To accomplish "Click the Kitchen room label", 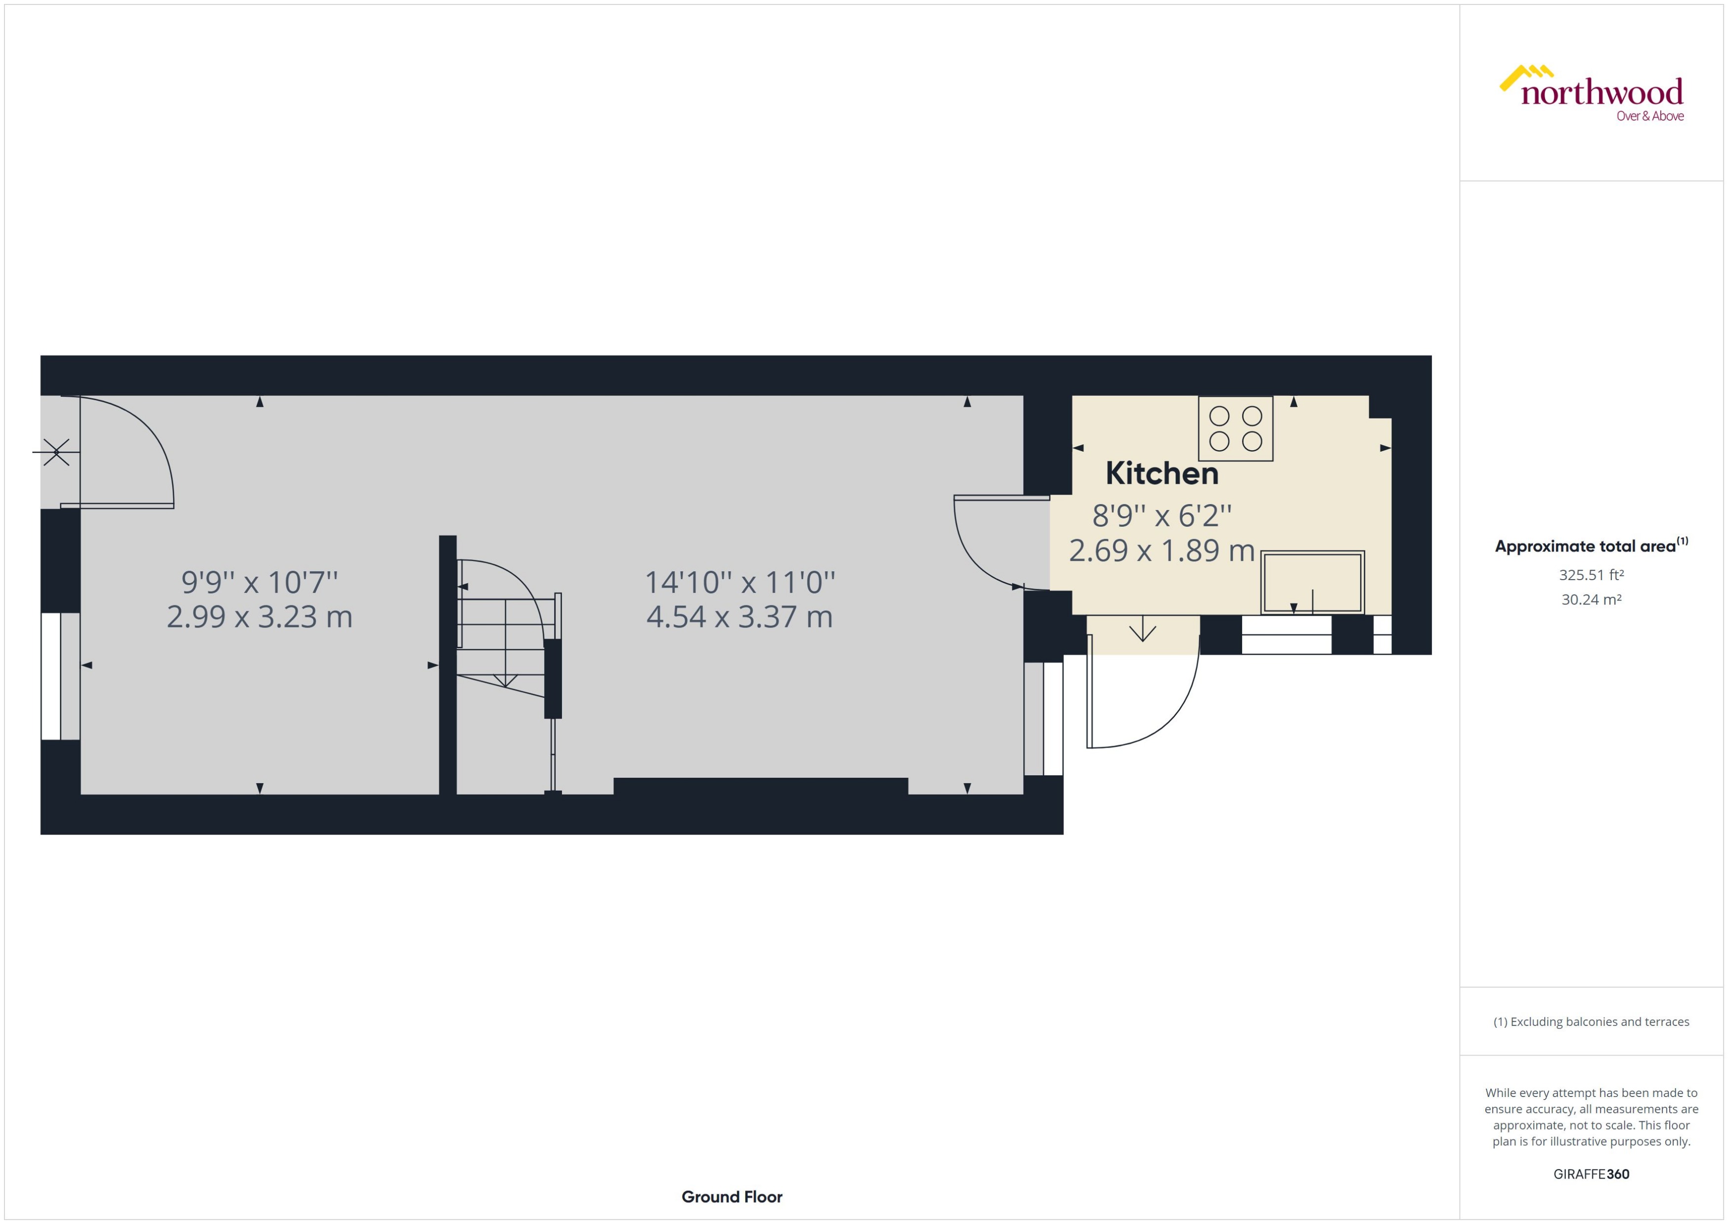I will pos(1162,473).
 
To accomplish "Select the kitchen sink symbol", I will pos(1312,582).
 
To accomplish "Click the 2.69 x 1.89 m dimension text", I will pos(1161,551).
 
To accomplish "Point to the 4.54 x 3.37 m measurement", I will pos(739,617).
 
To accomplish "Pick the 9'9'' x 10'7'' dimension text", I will pos(259,582).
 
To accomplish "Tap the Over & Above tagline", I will pos(1649,116).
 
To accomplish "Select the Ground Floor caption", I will pos(731,1197).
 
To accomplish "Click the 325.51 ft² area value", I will pos(1591,575).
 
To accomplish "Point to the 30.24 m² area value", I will pos(1591,600).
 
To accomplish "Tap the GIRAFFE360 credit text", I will pos(1591,1174).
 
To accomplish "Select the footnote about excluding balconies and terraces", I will pos(1591,1022).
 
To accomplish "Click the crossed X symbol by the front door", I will pos(56,452).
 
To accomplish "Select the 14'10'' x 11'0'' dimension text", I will pos(739,583).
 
